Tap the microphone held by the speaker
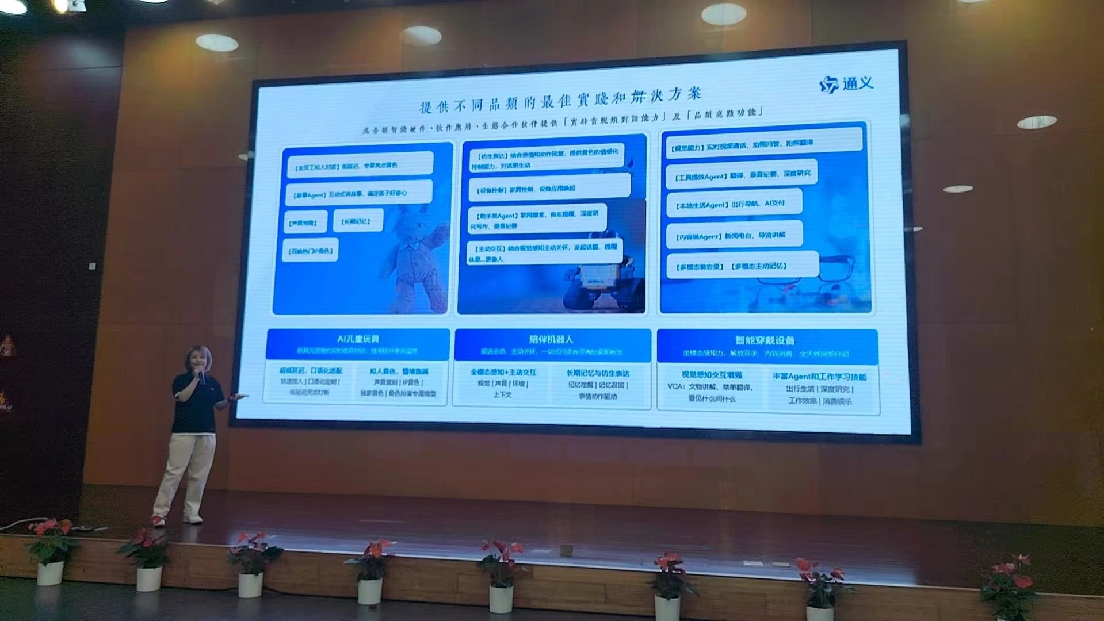coord(202,377)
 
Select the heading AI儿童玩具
coord(358,339)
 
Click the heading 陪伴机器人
coord(551,339)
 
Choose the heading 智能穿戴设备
coord(765,340)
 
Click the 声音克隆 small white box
coord(305,223)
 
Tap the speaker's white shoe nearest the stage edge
coord(158,520)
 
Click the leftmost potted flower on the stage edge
coord(51,552)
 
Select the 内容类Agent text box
coord(734,236)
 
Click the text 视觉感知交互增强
coord(712,375)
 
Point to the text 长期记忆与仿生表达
coord(598,373)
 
